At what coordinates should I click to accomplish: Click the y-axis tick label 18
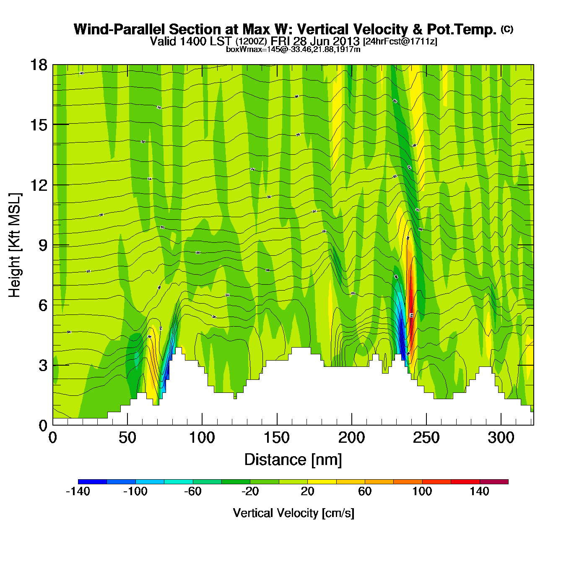38,65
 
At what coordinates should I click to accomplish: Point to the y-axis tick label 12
38,185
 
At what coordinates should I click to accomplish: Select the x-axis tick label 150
277,438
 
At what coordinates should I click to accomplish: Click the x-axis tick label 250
426,438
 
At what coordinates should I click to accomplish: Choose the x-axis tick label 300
501,438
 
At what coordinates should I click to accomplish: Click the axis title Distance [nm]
293,460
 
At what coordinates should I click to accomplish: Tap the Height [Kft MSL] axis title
15,245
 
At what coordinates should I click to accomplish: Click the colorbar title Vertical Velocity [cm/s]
293,513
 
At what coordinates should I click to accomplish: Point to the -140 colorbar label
78,491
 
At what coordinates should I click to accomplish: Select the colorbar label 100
422,491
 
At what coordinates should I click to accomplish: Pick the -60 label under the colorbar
193,491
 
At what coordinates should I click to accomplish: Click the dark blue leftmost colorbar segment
92,482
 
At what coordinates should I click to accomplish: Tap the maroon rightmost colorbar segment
494,482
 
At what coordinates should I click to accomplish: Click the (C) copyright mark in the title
507,29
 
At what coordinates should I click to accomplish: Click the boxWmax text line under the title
293,49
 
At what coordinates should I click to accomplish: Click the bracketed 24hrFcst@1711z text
400,42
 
